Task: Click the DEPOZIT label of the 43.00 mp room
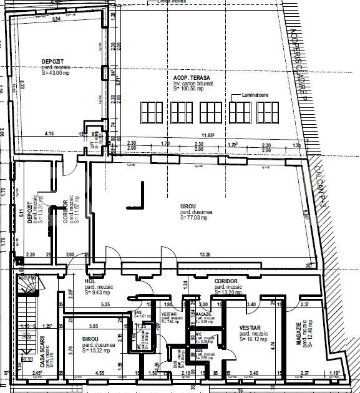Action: [52, 61]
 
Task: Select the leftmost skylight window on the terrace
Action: [152, 112]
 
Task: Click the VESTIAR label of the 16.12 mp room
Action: [248, 327]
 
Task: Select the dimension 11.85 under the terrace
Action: [207, 135]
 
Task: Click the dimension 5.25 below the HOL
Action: [106, 304]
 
